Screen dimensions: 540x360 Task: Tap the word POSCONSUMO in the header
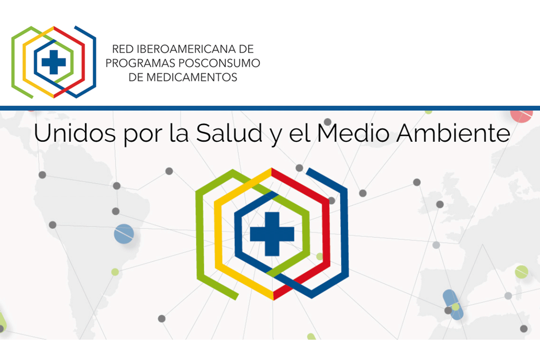click(220, 63)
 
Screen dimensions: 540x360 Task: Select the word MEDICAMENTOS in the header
click(192, 77)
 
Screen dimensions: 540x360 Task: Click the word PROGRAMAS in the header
click(140, 63)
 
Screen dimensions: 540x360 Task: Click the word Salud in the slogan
click(229, 133)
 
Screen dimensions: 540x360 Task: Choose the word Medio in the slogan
click(353, 133)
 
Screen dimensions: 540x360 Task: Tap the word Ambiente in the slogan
click(454, 133)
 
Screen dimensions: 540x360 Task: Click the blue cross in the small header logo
click(54, 62)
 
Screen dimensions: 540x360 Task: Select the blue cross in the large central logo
click(272, 234)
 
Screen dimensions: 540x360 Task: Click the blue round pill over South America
click(124, 234)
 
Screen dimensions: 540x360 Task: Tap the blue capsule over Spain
click(453, 305)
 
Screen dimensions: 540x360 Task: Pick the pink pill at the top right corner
click(522, 116)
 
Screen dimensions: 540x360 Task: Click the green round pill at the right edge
click(522, 272)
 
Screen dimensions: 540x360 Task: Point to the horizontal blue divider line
click(270, 108)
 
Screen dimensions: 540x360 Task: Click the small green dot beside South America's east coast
click(115, 272)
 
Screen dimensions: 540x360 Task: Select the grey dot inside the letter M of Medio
click(328, 122)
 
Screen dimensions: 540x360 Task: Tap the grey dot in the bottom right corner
click(524, 328)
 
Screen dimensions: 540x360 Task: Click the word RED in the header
click(123, 49)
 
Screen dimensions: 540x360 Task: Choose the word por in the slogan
click(143, 135)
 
